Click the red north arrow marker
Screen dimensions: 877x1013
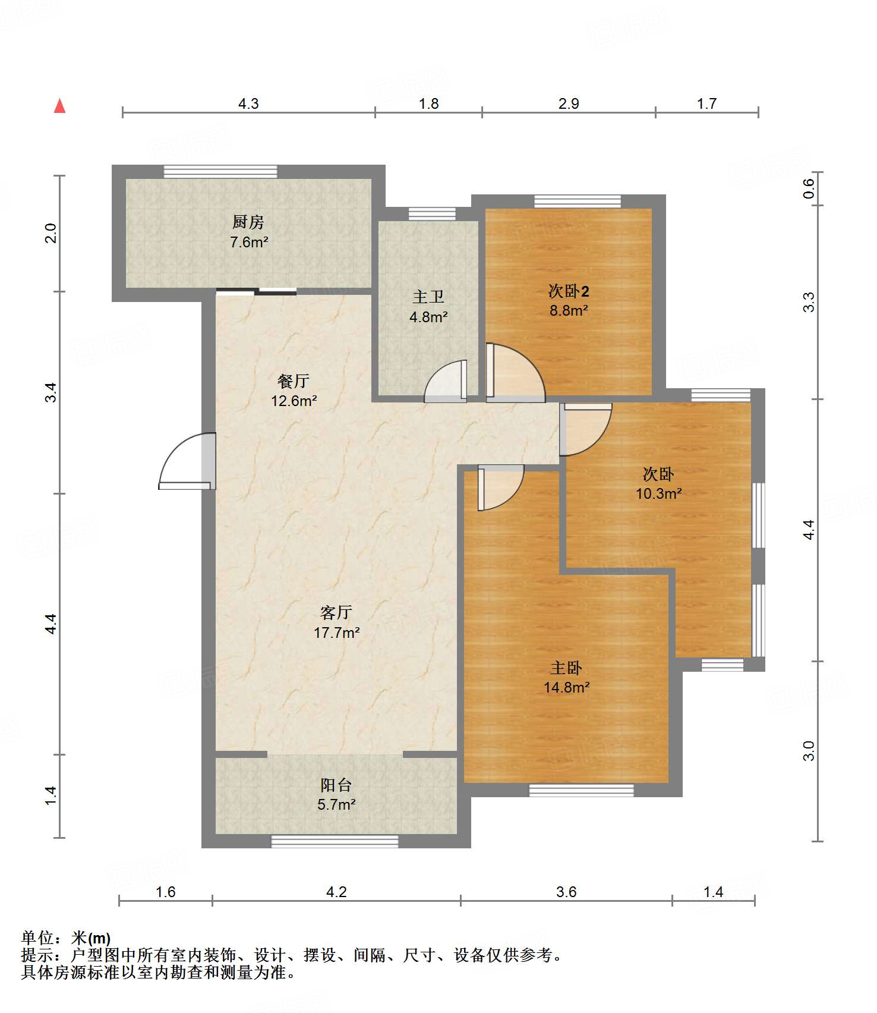pyautogui.click(x=59, y=106)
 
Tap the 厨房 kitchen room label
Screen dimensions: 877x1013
pyautogui.click(x=248, y=222)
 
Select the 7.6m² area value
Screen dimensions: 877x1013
pyautogui.click(x=249, y=242)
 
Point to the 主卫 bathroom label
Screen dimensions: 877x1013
pyautogui.click(x=428, y=297)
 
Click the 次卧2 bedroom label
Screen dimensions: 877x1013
pyautogui.click(x=569, y=291)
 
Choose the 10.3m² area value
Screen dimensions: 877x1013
pyautogui.click(x=658, y=493)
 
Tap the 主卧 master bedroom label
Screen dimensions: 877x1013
pyautogui.click(x=566, y=668)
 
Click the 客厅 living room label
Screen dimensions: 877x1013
pyautogui.click(x=336, y=612)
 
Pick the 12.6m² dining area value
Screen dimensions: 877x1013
pyautogui.click(x=294, y=401)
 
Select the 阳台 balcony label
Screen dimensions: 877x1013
pyautogui.click(x=336, y=785)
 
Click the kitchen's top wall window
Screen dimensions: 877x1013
pyautogui.click(x=220, y=171)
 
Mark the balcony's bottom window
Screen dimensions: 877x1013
pyautogui.click(x=335, y=841)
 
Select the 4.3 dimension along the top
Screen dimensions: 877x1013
pyautogui.click(x=248, y=103)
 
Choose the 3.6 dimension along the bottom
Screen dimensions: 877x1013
pyautogui.click(x=566, y=892)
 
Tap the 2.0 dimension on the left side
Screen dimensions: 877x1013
pyautogui.click(x=51, y=232)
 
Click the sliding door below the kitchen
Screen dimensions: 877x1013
pyautogui.click(x=256, y=291)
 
